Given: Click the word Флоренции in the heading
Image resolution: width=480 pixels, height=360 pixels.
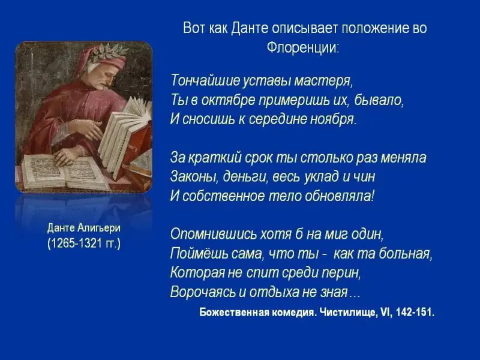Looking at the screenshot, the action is [x=302, y=47].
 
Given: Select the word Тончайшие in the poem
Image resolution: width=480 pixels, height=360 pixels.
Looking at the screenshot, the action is [x=205, y=80].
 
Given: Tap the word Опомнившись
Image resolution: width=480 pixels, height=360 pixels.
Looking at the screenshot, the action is [x=214, y=234].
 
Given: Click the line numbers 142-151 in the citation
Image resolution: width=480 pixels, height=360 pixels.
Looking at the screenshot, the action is [x=415, y=312].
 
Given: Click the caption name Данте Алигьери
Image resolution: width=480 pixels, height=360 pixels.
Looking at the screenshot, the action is [x=84, y=228].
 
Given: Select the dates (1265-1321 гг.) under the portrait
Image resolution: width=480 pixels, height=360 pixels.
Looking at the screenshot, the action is [x=84, y=244].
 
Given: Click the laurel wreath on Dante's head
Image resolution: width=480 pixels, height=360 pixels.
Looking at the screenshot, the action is [x=110, y=51].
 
